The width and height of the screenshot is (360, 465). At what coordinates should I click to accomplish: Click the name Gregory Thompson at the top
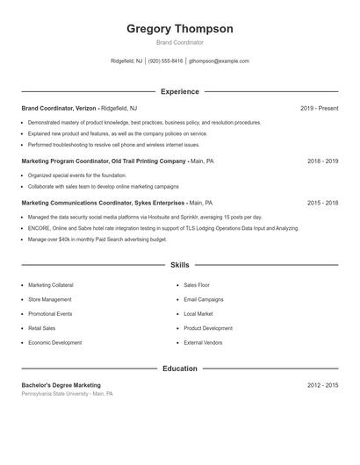(180, 29)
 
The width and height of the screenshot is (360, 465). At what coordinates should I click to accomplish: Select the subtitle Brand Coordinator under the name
(180, 42)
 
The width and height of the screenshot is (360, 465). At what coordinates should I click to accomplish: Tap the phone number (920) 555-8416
(165, 61)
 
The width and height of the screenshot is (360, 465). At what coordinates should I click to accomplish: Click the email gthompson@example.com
(219, 61)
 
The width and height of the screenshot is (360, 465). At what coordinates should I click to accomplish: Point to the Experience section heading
(180, 91)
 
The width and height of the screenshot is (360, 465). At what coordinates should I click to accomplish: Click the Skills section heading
(180, 264)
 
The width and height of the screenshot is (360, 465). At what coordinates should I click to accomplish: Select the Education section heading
(180, 368)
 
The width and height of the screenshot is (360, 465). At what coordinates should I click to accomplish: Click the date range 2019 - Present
(319, 108)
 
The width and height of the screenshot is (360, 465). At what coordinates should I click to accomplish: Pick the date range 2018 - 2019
(322, 161)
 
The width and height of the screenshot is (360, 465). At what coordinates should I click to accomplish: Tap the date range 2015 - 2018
(322, 203)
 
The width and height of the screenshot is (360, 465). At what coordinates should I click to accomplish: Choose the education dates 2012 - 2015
(322, 385)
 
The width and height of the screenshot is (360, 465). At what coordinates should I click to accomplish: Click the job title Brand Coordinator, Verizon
(59, 108)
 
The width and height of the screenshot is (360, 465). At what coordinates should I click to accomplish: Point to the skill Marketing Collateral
(51, 285)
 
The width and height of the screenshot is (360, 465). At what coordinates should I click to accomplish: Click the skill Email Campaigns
(204, 299)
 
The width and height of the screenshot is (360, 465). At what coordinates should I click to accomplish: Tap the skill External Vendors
(204, 342)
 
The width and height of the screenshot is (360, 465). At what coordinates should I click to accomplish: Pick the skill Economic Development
(54, 342)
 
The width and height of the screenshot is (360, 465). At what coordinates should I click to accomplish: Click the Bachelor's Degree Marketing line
(61, 385)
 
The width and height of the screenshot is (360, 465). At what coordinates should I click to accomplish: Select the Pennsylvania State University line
(68, 394)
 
